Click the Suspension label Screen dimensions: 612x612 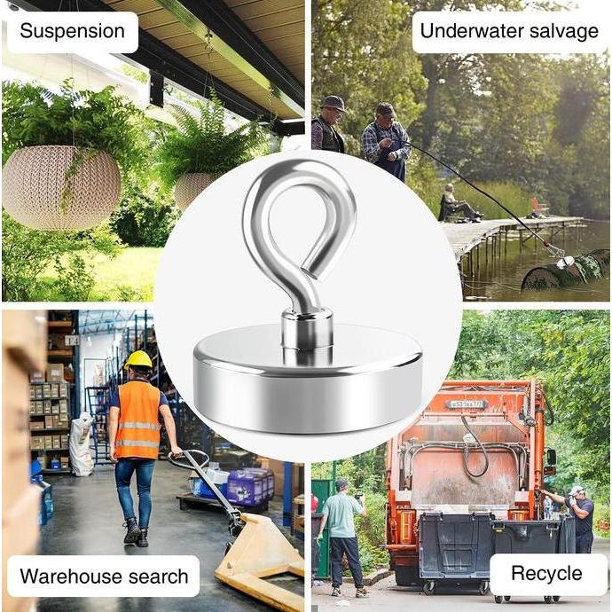pyautogui.click(x=72, y=32)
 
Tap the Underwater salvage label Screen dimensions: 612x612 pyautogui.click(x=509, y=32)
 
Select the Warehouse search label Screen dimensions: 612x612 pyautogui.click(x=104, y=577)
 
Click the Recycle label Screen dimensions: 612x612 pyautogui.click(x=547, y=574)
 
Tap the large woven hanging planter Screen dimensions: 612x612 pyautogui.click(x=61, y=186)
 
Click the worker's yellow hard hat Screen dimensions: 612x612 pyautogui.click(x=138, y=359)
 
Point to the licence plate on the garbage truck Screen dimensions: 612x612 pyautogui.click(x=466, y=404)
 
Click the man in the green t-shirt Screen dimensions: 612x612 pyautogui.click(x=341, y=537)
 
